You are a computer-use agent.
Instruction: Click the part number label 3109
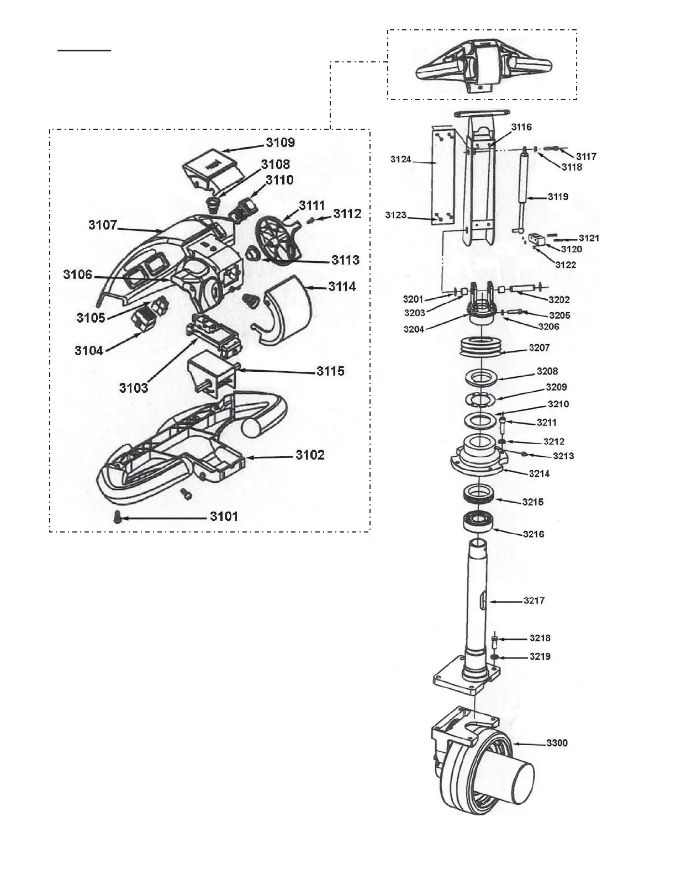point(281,143)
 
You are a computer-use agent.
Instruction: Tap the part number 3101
point(224,516)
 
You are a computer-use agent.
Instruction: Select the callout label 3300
point(557,743)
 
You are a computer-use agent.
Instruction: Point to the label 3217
point(534,600)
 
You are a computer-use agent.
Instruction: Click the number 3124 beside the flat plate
point(400,160)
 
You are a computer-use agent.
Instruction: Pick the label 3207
point(539,348)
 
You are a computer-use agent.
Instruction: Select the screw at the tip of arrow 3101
point(117,518)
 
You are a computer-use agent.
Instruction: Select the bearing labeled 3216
point(477,521)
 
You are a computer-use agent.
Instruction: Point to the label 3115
point(330,371)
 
